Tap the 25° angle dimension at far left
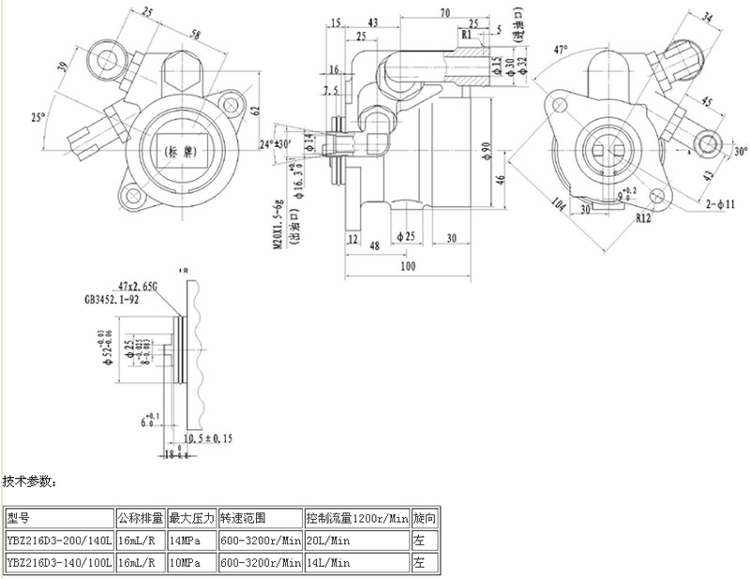click(x=38, y=117)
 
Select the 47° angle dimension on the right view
click(x=562, y=48)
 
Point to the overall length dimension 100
click(x=407, y=267)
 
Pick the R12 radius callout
click(x=643, y=217)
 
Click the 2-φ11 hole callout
click(x=721, y=202)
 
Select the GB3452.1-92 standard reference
click(x=113, y=302)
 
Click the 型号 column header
click(x=19, y=517)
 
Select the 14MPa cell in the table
click(x=184, y=541)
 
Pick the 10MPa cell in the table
click(x=184, y=563)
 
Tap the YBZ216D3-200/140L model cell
click(x=58, y=541)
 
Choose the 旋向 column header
click(x=424, y=517)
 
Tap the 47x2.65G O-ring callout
click(x=138, y=285)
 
